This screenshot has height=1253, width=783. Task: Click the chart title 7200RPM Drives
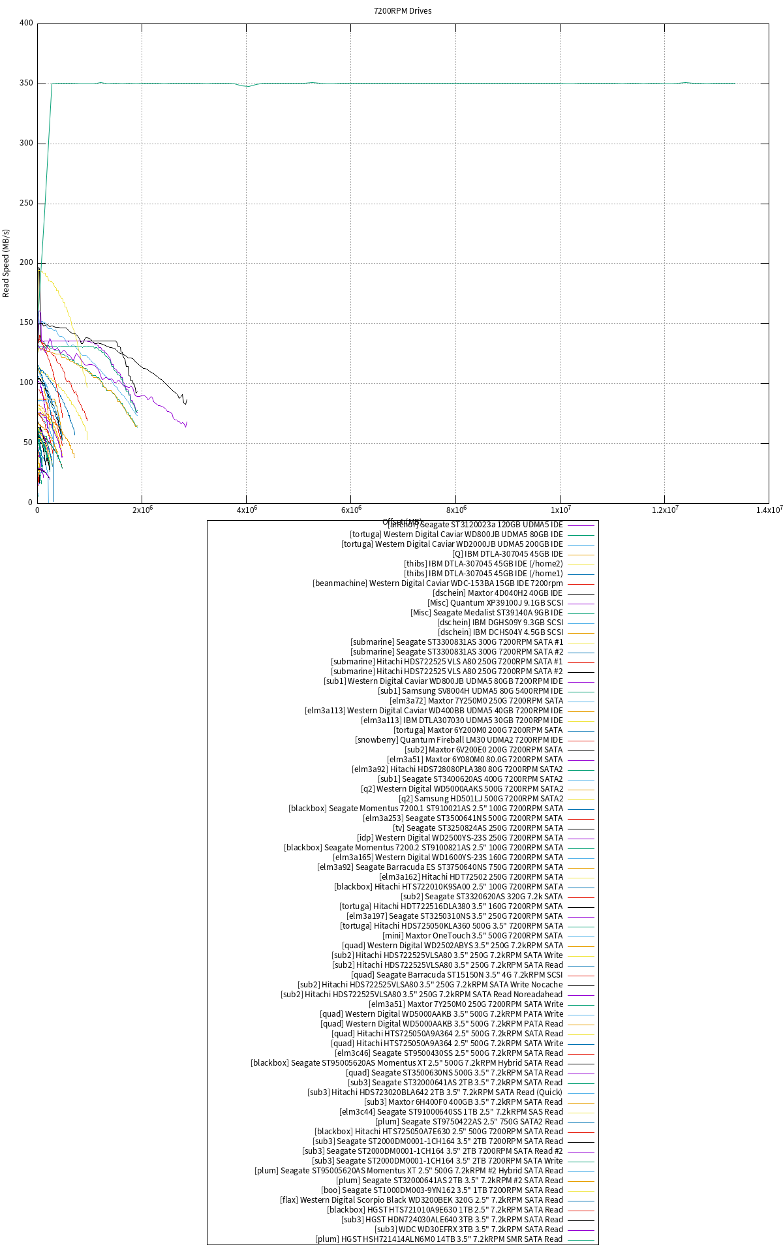(402, 11)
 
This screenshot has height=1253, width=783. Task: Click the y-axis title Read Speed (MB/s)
(7, 263)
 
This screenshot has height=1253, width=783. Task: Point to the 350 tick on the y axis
(26, 84)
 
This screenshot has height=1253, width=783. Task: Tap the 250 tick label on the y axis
(26, 204)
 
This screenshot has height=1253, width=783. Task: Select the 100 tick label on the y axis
(26, 382)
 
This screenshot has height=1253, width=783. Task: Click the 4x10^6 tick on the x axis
(246, 510)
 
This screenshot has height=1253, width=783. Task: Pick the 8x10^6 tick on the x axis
(455, 510)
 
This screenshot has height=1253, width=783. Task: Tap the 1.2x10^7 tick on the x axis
(664, 510)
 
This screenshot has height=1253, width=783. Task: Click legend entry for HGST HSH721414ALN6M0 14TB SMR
(438, 1239)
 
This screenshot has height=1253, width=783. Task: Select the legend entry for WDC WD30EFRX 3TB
(468, 1230)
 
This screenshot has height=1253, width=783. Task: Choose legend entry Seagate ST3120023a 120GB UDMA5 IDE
(475, 525)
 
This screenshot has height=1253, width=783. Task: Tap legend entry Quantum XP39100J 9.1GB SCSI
(495, 603)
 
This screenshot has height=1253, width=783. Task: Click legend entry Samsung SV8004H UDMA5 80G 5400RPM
(470, 691)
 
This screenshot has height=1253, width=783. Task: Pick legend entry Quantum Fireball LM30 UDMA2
(459, 740)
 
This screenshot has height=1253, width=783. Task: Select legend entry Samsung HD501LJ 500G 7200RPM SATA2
(481, 799)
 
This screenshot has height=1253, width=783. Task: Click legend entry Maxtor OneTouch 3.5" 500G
(472, 936)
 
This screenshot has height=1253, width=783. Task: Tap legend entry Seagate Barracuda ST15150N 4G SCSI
(457, 975)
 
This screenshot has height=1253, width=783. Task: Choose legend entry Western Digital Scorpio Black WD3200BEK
(422, 1200)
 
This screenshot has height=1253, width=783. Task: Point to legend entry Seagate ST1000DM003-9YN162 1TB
(442, 1190)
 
